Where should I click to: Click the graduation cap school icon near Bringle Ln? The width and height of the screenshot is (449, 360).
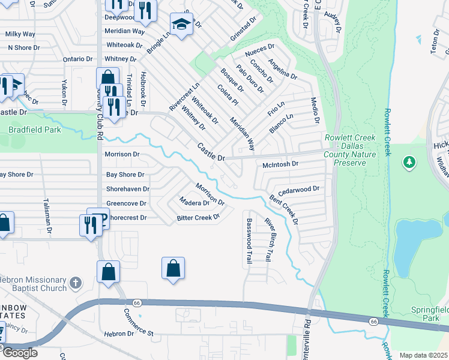[181, 25]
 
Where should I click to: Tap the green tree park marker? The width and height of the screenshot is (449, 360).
[410, 162]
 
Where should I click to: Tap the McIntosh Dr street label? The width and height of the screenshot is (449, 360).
[281, 164]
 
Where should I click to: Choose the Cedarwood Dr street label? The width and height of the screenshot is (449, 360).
[298, 188]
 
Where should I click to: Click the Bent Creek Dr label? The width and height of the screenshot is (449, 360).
[283, 209]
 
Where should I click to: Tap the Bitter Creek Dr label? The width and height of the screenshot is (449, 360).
[198, 218]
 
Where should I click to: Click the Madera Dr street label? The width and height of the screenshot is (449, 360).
[194, 202]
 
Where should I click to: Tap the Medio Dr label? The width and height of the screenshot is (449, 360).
[314, 112]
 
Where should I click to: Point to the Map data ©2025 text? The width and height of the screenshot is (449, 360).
[423, 355]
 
